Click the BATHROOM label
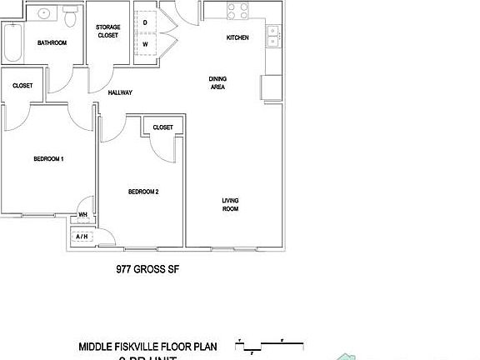click(x=52, y=42)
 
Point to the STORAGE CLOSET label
click(x=107, y=32)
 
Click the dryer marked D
click(x=145, y=22)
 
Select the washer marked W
click(x=145, y=43)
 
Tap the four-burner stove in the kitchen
click(x=237, y=11)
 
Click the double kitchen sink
click(x=272, y=37)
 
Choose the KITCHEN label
click(x=237, y=37)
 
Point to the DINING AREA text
click(x=217, y=82)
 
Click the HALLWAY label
click(x=121, y=92)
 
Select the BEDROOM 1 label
click(x=48, y=158)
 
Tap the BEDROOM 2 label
click(x=143, y=192)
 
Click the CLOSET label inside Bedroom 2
click(x=162, y=127)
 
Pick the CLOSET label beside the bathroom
click(x=22, y=85)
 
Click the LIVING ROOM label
click(x=230, y=204)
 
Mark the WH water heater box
click(x=83, y=214)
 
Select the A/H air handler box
click(x=82, y=237)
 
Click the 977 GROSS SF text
click(x=147, y=270)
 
